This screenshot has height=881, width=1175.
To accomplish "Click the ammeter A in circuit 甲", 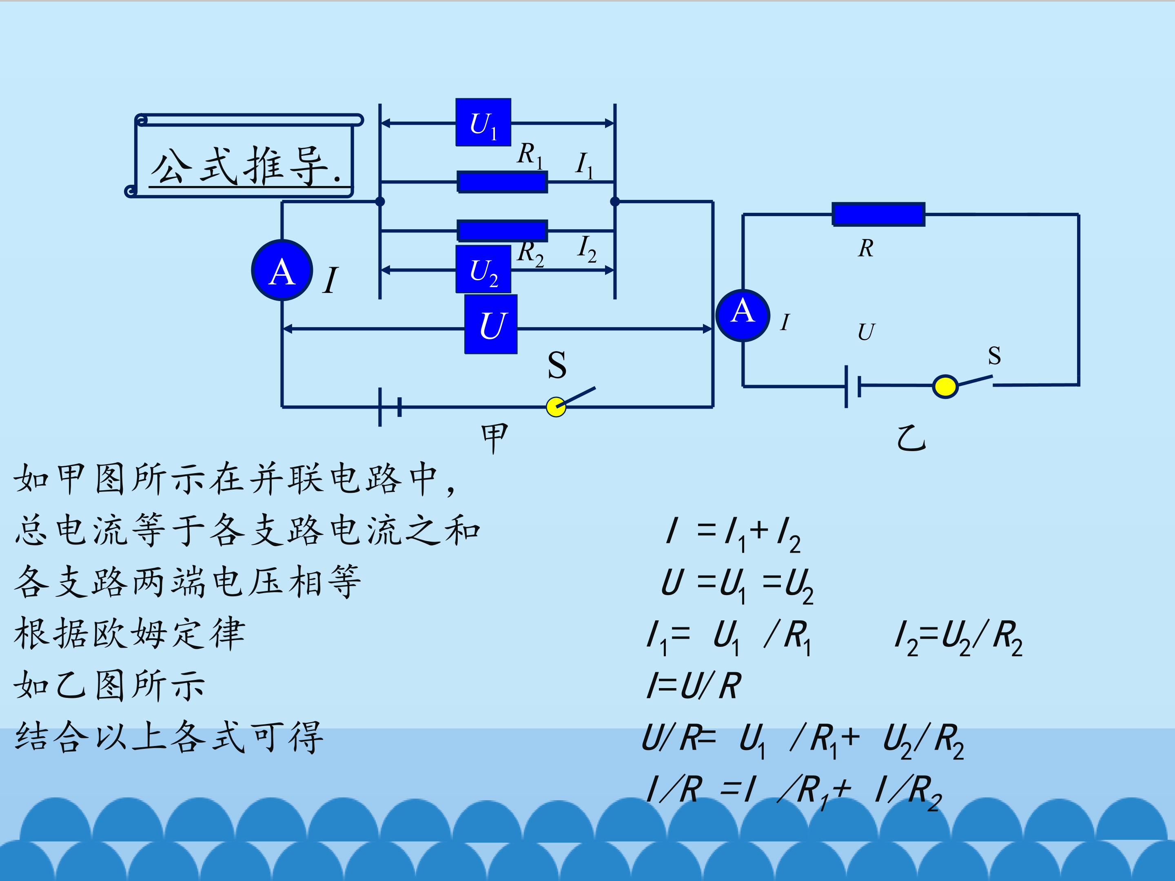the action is click(x=282, y=270).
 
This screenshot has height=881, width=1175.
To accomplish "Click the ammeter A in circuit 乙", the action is click(x=743, y=315).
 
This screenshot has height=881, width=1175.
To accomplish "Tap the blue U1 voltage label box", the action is click(x=483, y=122).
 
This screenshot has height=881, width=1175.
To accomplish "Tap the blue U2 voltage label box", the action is click(x=483, y=269).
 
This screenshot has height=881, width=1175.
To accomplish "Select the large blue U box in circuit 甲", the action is click(x=491, y=325).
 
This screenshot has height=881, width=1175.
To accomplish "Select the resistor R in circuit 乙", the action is click(x=878, y=214).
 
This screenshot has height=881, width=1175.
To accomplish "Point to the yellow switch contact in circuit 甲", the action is click(x=556, y=407).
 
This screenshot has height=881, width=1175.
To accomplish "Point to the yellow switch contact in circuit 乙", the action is click(x=945, y=386).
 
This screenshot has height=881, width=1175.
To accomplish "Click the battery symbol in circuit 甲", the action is click(x=389, y=407).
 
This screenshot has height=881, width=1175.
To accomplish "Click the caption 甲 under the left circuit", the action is click(x=494, y=438).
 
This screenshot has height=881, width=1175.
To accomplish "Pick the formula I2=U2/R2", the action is click(x=959, y=638).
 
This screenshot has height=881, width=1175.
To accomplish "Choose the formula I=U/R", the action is click(x=693, y=686).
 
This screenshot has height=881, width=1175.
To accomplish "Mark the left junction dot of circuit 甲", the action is click(x=380, y=201).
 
